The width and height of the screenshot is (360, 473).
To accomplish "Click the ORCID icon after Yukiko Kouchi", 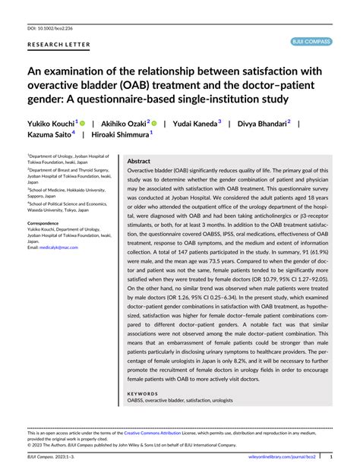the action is (x=82, y=121).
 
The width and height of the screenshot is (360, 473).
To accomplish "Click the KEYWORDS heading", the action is (x=143, y=394).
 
